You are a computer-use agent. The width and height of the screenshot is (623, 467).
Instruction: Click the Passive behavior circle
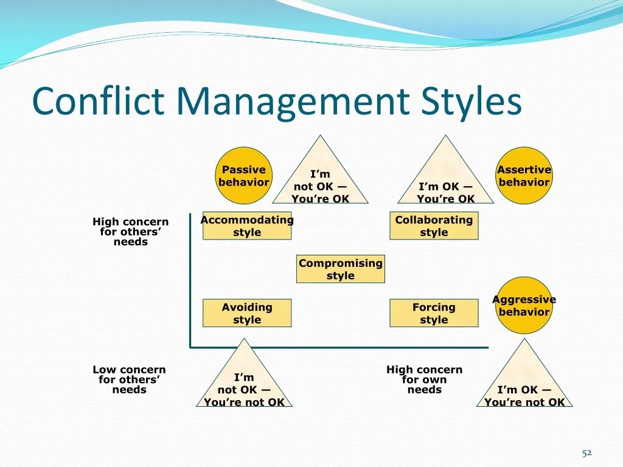244,176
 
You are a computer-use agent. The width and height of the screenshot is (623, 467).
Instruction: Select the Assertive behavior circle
524,176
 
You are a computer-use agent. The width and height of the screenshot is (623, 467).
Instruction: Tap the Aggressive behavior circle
524,305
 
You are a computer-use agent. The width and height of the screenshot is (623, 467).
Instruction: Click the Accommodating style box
247,226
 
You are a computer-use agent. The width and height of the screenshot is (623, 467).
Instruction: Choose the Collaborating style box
434,226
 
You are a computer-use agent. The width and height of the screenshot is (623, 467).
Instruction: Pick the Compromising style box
341,269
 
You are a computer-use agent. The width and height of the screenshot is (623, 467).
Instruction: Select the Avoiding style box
247,313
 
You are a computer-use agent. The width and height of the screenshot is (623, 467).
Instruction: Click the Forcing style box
434,313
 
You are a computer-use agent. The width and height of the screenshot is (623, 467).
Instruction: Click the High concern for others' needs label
131,232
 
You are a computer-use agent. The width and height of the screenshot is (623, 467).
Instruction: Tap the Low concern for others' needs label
130,379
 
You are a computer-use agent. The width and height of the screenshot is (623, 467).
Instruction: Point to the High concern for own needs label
425,379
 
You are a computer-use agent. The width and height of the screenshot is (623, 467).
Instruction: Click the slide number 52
586,452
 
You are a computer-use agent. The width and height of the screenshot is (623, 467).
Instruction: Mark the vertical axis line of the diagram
190,280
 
